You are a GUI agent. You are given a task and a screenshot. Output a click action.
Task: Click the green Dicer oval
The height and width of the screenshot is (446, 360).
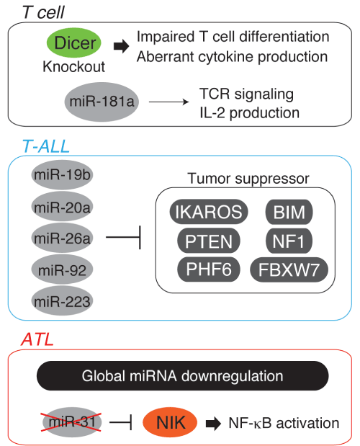[74, 43]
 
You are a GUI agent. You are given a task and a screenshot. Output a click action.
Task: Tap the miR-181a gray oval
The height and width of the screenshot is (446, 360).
[102, 102]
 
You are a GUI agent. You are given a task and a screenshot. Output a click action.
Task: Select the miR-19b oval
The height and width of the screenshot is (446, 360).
[62, 174]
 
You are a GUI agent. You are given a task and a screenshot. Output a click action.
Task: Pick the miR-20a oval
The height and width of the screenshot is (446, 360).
[62, 207]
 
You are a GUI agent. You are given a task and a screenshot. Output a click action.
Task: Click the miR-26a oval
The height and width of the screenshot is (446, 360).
[62, 238]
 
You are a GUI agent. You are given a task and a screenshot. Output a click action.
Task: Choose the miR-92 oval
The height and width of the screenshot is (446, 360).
[62, 269]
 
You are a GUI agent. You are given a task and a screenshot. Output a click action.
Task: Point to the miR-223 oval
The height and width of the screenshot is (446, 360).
[62, 301]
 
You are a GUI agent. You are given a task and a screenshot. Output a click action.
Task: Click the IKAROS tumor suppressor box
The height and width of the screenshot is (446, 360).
[209, 212]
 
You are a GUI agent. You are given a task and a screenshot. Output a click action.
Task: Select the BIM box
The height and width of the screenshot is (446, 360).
[289, 212]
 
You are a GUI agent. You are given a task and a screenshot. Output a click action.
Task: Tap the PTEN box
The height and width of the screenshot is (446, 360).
[209, 241]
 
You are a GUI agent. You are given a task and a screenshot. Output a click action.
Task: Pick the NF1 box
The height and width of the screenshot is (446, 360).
[289, 241]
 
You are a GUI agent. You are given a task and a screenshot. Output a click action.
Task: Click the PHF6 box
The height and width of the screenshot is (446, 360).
[209, 269]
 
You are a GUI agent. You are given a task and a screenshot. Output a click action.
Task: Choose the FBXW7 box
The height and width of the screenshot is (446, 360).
[289, 269]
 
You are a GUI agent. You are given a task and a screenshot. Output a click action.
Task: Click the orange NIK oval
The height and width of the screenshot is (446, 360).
[170, 422]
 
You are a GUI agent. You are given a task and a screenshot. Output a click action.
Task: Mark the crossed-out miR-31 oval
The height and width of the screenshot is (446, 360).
[71, 422]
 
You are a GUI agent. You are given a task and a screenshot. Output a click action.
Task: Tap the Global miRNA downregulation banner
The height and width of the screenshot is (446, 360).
[183, 375]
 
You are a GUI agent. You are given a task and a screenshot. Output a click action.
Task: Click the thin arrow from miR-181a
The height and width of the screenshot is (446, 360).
[168, 102]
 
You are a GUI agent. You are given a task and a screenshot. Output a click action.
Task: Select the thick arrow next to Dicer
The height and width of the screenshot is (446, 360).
[122, 46]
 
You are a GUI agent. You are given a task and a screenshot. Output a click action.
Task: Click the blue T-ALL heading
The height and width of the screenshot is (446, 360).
[46, 146]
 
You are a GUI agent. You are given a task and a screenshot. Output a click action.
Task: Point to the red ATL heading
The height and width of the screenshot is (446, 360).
[37, 339]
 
